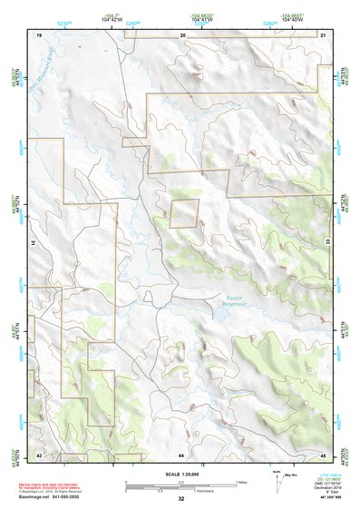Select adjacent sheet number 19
(39, 34)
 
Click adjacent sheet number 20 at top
(182, 34)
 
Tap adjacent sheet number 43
(39, 453)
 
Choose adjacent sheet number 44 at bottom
(181, 453)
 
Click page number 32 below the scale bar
(181, 499)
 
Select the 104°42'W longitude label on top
(112, 19)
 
